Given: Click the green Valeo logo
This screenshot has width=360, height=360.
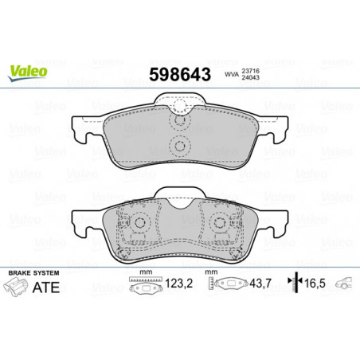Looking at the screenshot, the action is pos(28,72).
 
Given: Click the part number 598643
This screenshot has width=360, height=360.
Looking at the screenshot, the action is pos(180,74).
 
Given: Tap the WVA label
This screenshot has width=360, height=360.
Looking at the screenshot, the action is pos(232,74).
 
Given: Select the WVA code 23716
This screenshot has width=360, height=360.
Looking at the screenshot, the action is pos(250,71).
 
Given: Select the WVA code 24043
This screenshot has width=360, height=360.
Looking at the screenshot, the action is pos(250,77).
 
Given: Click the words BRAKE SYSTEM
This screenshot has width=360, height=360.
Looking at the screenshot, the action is pos(33,273).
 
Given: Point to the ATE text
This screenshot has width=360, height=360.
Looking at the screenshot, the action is pos(45,288).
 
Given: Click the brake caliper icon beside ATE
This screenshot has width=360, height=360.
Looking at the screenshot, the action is pos(16,287).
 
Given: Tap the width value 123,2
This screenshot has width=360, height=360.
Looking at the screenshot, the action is pos(179,284).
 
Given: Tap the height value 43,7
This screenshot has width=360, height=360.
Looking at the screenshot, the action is pos(260,284).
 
